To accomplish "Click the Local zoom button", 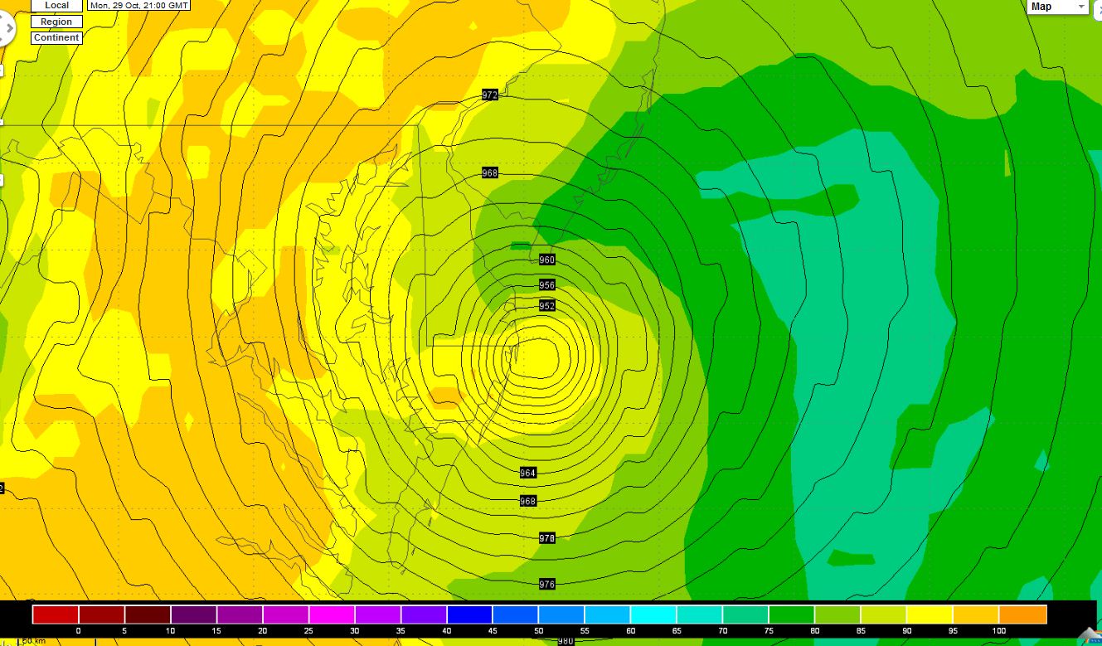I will [56, 6].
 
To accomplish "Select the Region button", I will [56, 22].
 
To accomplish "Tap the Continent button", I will [56, 37].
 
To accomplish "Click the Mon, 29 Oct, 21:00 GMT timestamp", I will [139, 5].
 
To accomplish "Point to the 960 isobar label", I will [546, 260].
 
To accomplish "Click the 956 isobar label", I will [546, 284].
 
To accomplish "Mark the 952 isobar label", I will [546, 306].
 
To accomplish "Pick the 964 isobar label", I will [528, 473].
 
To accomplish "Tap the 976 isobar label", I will [546, 584].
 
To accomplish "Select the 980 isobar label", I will [566, 641].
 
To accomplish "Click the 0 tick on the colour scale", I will [78, 631].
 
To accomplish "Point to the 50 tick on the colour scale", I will [538, 631].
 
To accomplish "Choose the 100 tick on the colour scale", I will [998, 631].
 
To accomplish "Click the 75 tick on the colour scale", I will [769, 631].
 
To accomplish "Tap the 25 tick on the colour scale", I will [308, 631].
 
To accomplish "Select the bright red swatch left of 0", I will [56, 614].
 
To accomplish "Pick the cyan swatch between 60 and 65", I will [653, 614].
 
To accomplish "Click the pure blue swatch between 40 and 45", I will [469, 614].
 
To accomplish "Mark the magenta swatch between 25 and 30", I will [332, 614].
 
